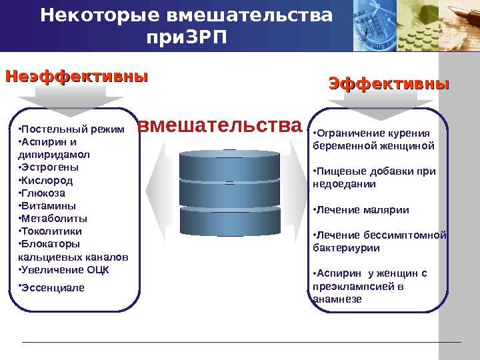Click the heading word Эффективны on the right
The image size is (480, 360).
[389, 85]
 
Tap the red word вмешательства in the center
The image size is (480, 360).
[219, 125]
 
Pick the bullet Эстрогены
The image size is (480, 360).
[49, 167]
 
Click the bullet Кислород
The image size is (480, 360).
[47, 180]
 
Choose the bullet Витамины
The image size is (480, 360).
[48, 205]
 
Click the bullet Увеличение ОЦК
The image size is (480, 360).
[65, 269]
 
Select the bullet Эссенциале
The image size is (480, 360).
[53, 287]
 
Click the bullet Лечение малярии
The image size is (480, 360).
[362, 209]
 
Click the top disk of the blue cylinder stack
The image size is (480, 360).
[230, 163]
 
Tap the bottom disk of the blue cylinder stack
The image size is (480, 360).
[230, 220]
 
